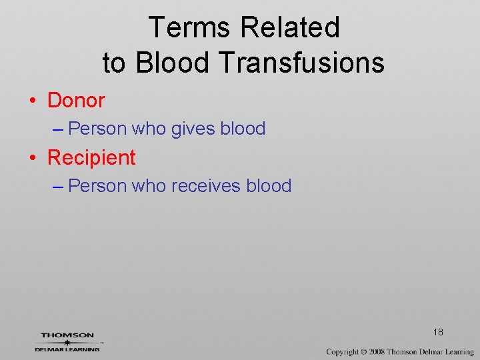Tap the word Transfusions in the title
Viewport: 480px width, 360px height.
click(301, 63)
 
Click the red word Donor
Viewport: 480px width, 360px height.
click(76, 101)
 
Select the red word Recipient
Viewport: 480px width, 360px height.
click(91, 158)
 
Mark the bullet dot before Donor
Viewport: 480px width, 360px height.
click(32, 101)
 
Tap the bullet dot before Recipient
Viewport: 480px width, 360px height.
click(32, 159)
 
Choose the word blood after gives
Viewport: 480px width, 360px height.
click(243, 129)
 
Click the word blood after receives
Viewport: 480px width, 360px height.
click(269, 186)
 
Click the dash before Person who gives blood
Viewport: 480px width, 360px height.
click(57, 129)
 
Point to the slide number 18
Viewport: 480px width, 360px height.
click(438, 332)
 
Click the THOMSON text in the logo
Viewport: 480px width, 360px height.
click(67, 335)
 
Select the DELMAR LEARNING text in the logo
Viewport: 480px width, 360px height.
click(67, 349)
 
